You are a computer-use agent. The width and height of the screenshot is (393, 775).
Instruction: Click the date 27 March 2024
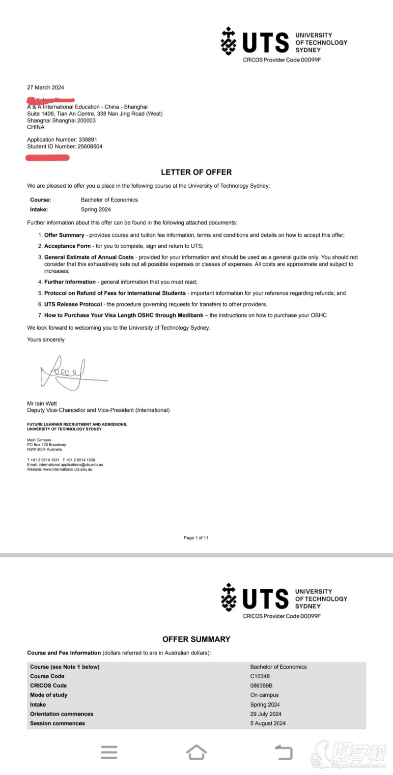click(45, 87)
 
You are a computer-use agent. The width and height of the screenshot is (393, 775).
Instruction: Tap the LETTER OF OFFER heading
click(196, 172)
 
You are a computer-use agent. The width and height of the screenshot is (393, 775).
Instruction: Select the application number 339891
click(88, 140)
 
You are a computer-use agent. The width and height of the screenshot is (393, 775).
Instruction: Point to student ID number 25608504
click(90, 146)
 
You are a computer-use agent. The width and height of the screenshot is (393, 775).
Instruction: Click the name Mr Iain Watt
click(42, 403)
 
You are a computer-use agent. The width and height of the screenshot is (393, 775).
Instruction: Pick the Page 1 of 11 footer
click(196, 538)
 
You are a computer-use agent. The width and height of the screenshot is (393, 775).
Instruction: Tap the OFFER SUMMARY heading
click(196, 639)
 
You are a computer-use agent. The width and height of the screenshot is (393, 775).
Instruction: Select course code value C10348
click(260, 676)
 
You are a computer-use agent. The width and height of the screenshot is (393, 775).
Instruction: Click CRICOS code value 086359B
click(261, 686)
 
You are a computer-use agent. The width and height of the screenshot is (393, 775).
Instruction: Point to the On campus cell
click(264, 695)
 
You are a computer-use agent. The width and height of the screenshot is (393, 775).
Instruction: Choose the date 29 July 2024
click(266, 714)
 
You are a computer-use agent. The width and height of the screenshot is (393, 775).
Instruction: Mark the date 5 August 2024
click(268, 723)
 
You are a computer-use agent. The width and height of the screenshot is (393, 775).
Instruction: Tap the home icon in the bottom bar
click(196, 752)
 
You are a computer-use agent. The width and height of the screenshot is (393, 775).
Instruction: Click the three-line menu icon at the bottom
click(109, 752)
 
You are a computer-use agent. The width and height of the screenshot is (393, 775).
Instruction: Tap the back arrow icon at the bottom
click(283, 752)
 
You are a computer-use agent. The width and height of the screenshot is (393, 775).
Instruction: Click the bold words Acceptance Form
click(67, 246)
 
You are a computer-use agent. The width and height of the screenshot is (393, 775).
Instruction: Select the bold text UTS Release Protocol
click(73, 304)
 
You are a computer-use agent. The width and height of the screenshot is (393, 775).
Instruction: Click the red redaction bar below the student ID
click(48, 158)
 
